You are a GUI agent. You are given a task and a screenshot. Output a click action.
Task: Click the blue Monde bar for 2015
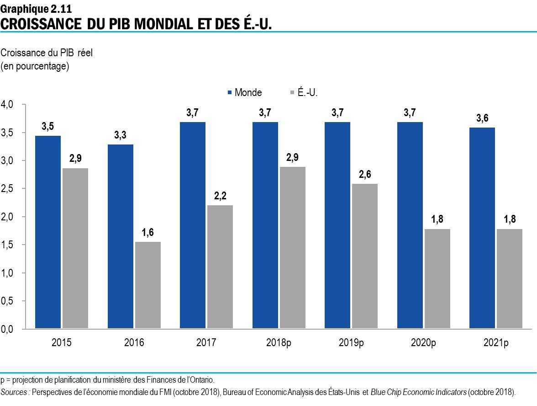(x=48, y=232)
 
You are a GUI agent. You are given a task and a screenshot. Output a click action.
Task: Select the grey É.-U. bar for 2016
(x=147, y=285)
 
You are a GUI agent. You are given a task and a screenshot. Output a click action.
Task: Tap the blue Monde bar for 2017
(x=193, y=225)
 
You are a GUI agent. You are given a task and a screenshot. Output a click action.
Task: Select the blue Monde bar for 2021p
(x=482, y=228)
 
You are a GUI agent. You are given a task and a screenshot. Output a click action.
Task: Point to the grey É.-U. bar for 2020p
(x=437, y=279)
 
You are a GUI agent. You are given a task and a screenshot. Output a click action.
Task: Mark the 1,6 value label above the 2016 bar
(x=147, y=232)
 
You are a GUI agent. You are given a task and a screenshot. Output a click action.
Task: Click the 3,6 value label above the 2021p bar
(x=482, y=118)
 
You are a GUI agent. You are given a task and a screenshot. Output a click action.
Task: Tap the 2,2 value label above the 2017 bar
(x=220, y=196)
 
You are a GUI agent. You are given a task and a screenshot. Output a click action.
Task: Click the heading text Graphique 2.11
(x=36, y=7)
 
